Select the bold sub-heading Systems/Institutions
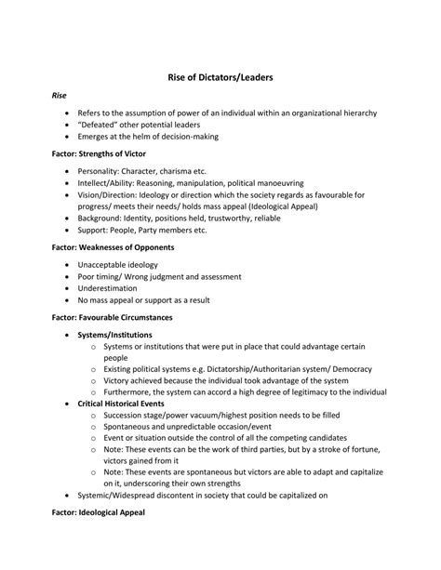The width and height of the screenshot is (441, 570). (x=115, y=334)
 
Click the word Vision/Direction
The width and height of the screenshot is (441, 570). (x=109, y=195)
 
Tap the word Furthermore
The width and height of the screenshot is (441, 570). (x=128, y=392)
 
